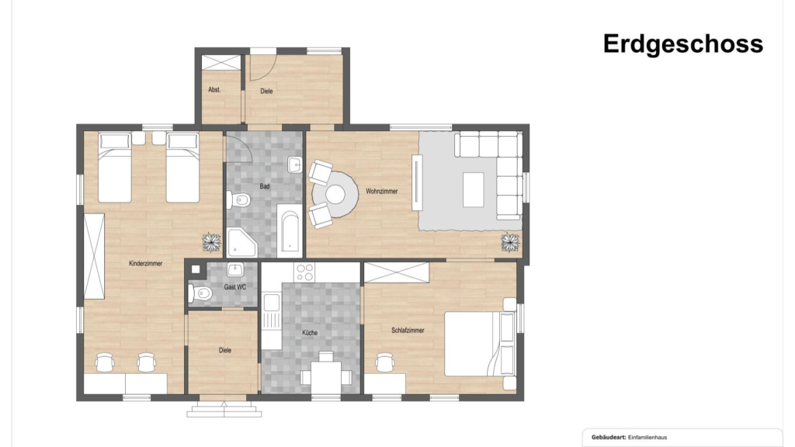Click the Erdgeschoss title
(x=683, y=44)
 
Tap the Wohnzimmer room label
(x=382, y=192)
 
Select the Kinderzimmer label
(x=145, y=264)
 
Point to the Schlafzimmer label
(x=408, y=331)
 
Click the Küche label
(x=310, y=333)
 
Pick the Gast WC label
(x=234, y=287)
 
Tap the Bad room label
(x=265, y=186)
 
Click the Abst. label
(x=214, y=90)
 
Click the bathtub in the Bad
(x=290, y=230)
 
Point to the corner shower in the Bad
(x=241, y=243)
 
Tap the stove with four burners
(x=304, y=272)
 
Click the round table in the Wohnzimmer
(x=335, y=195)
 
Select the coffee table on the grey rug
(x=473, y=189)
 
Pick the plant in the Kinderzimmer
(x=212, y=242)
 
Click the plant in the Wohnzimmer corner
(x=511, y=242)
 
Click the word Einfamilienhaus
(x=647, y=438)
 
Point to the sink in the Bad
(x=294, y=165)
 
